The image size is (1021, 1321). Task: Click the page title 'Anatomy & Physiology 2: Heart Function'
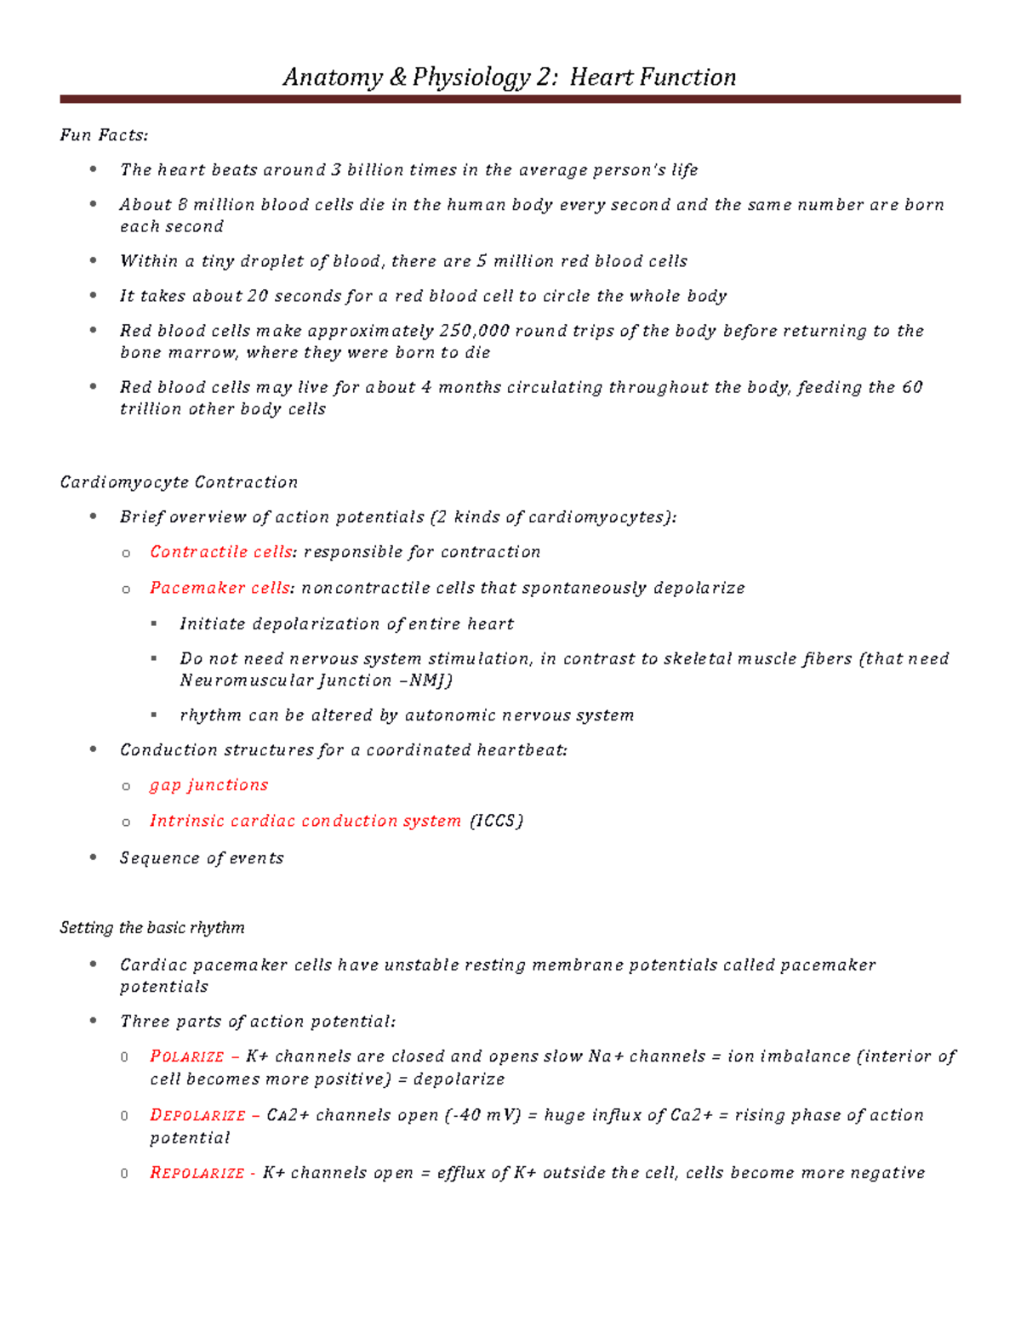(x=509, y=77)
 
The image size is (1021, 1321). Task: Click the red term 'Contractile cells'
(x=221, y=552)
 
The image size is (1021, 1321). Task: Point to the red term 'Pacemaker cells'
(x=220, y=588)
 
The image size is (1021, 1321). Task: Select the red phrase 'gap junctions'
(x=208, y=785)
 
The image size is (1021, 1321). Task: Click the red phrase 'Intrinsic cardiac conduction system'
(x=305, y=821)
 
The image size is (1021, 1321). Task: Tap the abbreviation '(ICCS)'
(x=497, y=821)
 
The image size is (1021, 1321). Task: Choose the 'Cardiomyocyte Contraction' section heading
(x=179, y=482)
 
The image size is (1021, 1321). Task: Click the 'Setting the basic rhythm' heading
(x=152, y=928)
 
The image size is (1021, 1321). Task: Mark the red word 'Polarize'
(x=187, y=1056)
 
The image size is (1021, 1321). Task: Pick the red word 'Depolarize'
(x=197, y=1115)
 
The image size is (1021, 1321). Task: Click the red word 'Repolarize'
(x=197, y=1173)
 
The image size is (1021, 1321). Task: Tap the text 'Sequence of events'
(x=202, y=858)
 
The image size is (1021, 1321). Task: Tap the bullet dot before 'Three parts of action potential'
(x=94, y=1021)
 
